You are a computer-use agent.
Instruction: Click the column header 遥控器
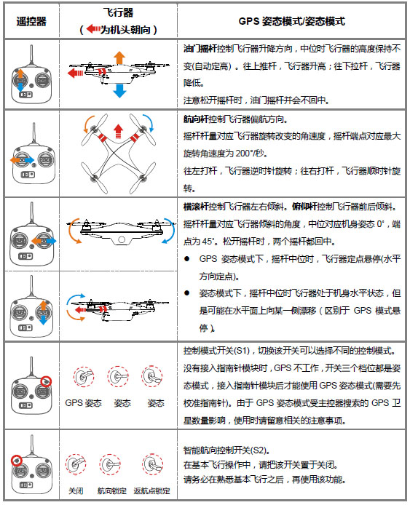(x=31, y=22)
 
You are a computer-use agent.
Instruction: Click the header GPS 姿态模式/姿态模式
(x=291, y=22)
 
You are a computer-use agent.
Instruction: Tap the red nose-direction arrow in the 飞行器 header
(x=93, y=29)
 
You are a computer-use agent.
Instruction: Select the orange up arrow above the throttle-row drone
(x=119, y=58)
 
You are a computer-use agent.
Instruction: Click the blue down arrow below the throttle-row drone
(x=119, y=90)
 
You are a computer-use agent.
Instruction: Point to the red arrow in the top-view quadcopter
(x=118, y=131)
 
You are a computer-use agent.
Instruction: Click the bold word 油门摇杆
(x=200, y=49)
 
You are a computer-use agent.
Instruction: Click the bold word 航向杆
(x=196, y=119)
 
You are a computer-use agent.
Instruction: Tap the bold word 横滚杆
(x=196, y=207)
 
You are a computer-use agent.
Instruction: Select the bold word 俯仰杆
(x=304, y=207)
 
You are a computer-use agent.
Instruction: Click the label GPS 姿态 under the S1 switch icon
(x=83, y=403)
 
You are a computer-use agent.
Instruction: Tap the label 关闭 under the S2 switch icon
(x=76, y=491)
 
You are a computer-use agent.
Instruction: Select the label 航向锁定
(x=112, y=491)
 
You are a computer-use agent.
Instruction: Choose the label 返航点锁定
(x=151, y=491)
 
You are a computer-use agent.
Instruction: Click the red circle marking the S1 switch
(x=47, y=381)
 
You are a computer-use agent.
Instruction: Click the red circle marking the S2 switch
(x=16, y=461)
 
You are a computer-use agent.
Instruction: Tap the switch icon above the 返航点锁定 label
(x=152, y=464)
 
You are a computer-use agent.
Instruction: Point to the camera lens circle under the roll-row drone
(x=122, y=239)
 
